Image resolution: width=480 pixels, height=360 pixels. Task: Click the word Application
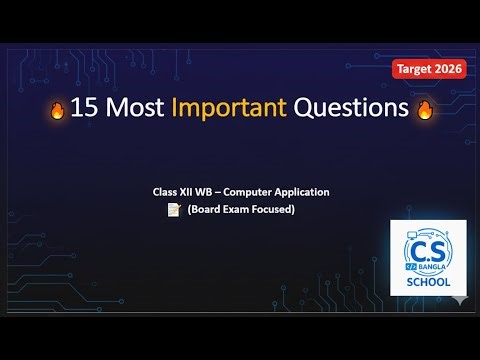(308, 191)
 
